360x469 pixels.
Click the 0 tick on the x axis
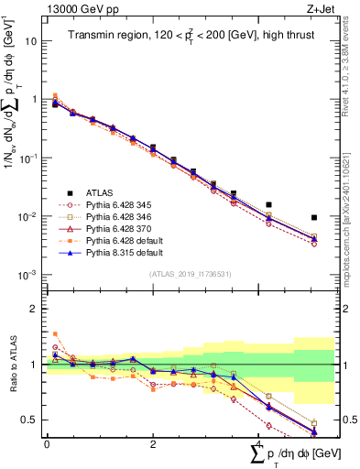pyautogui.click(x=47, y=442)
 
